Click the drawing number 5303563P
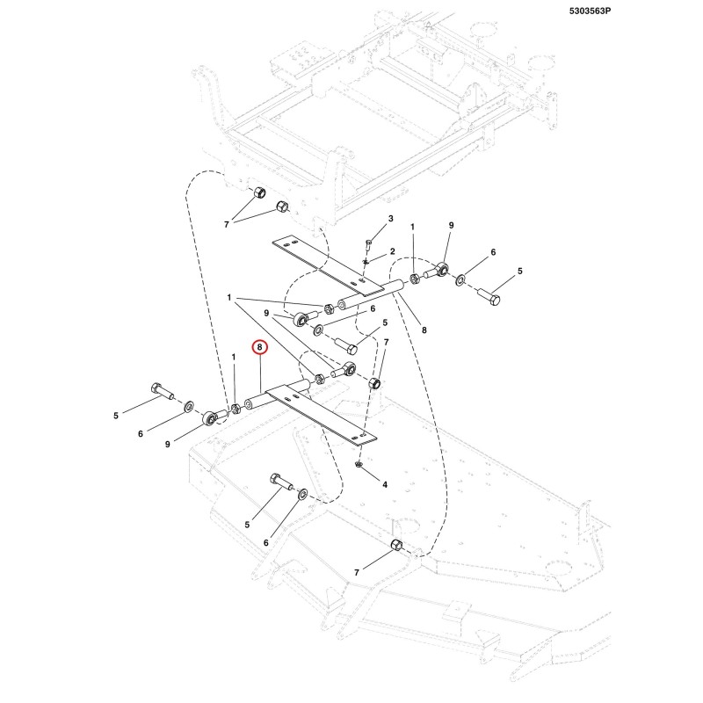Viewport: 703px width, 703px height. [x=590, y=11]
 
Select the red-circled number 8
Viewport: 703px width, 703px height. [x=260, y=347]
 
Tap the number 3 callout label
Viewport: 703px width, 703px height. [x=390, y=218]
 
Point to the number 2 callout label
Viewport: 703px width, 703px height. [x=392, y=251]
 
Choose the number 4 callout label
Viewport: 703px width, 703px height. [x=385, y=484]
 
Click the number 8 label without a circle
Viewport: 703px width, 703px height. [x=424, y=330]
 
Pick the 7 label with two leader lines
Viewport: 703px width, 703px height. [x=227, y=224]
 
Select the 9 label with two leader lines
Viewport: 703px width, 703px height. [x=266, y=313]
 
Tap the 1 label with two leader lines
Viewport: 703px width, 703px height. [x=229, y=297]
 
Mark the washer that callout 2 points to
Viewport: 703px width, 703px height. [x=366, y=262]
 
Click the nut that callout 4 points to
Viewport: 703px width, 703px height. [x=359, y=465]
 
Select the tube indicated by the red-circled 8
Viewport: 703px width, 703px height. [x=277, y=393]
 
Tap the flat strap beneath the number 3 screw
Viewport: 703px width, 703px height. [x=329, y=266]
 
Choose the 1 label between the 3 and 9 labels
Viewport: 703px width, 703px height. [x=412, y=227]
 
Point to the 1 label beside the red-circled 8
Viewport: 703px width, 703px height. [x=233, y=357]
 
